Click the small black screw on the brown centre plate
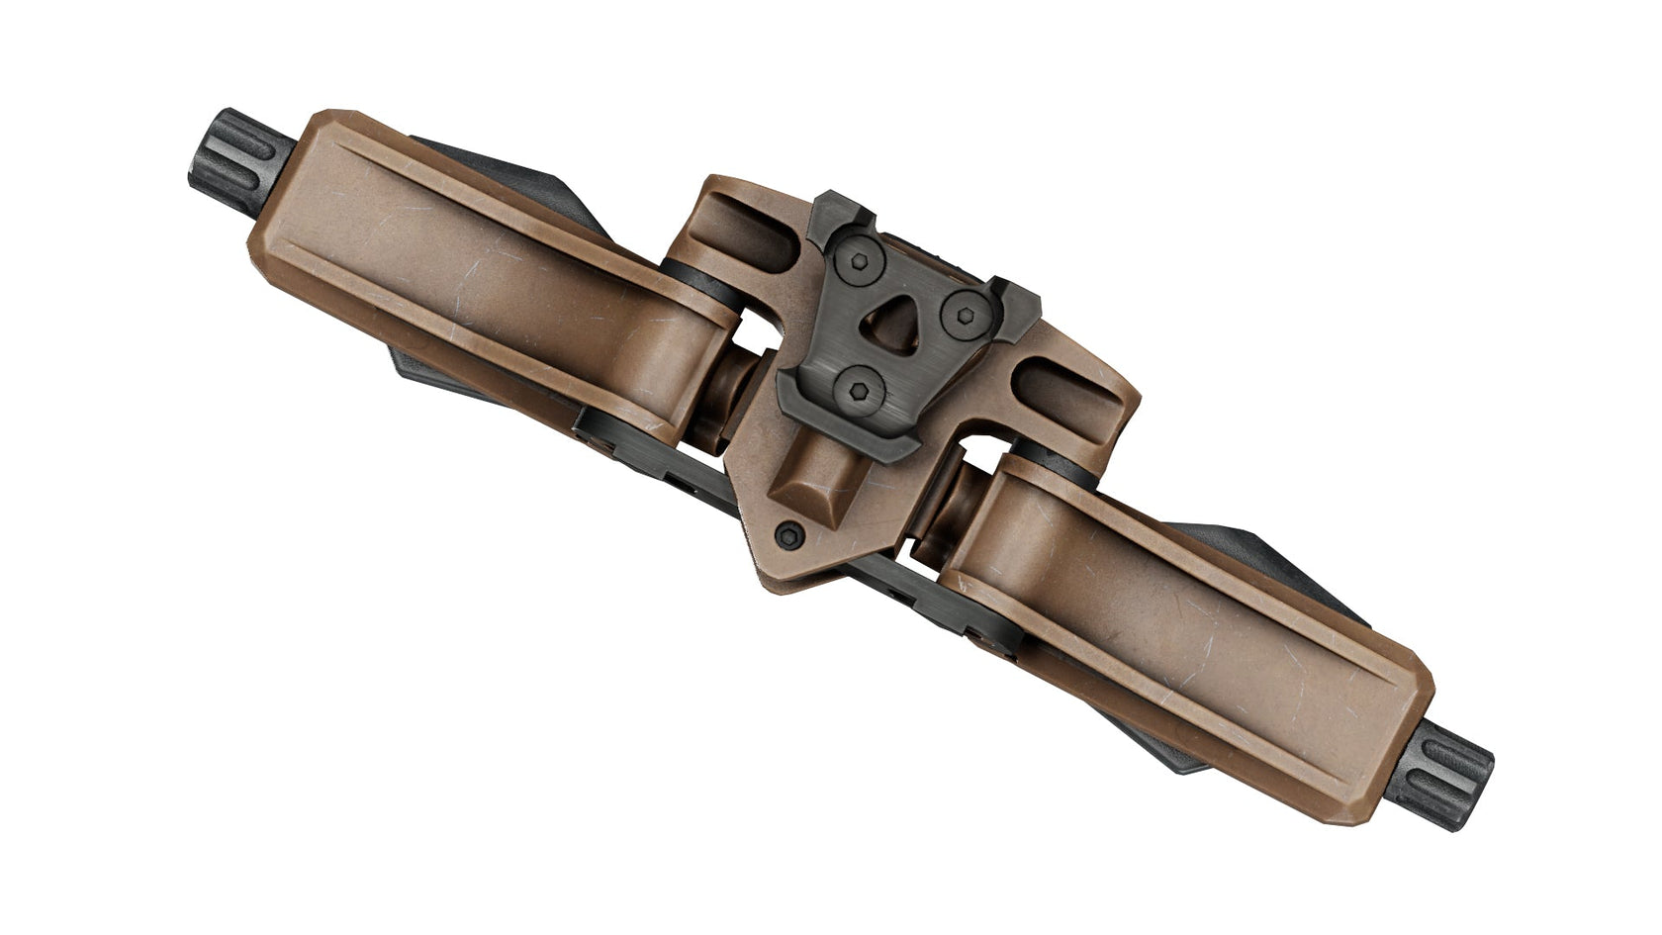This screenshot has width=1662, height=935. point(788,535)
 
